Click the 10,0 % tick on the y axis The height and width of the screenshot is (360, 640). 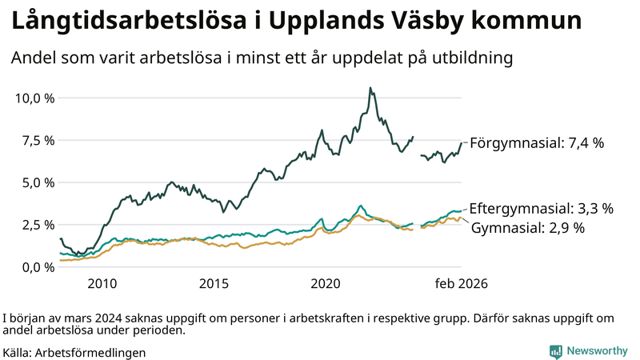pyautogui.click(x=34, y=98)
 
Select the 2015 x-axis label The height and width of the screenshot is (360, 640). pyautogui.click(x=214, y=284)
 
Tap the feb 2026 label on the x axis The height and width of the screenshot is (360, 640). pyautogui.click(x=461, y=284)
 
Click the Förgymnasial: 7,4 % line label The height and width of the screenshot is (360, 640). pyautogui.click(x=536, y=143)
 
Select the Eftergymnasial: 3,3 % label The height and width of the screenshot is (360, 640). pyautogui.click(x=541, y=209)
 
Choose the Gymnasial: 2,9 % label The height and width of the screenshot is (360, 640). pyautogui.click(x=528, y=228)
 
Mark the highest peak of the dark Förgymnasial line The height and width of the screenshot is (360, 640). pyautogui.click(x=370, y=88)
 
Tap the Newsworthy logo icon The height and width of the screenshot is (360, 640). pyautogui.click(x=555, y=351)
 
